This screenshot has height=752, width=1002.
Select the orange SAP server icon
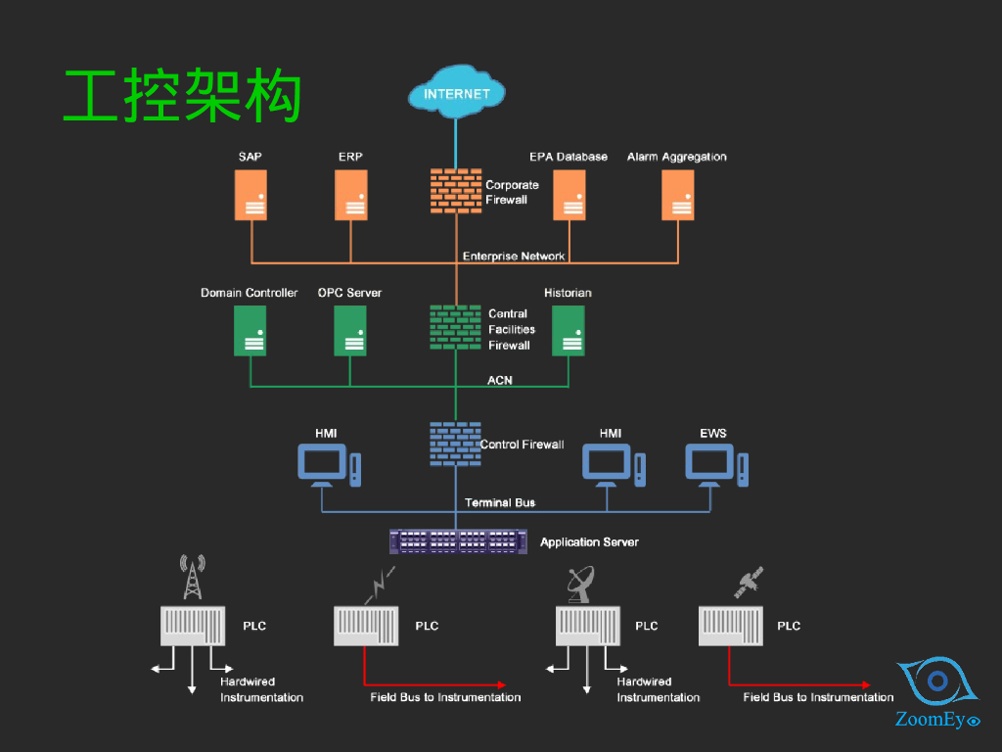pos(251,195)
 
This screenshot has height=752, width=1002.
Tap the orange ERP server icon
pos(351,195)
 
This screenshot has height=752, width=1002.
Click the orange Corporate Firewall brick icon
pos(456,191)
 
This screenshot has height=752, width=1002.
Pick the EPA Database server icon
pos(569,195)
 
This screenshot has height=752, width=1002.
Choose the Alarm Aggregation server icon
pos(678,195)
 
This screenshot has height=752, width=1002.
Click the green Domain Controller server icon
pos(250,330)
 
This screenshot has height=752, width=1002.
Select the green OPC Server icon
pos(350,330)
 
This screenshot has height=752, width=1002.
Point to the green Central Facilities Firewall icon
pos(456,327)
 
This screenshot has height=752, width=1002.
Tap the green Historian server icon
pos(569,330)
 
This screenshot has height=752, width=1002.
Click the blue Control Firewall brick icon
pos(455,444)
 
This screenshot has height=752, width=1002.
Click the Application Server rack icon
pos(458,541)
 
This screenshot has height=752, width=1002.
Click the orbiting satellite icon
pos(749,583)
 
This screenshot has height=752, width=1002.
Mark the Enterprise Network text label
pos(514,257)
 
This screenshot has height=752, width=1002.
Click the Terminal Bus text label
pos(500,502)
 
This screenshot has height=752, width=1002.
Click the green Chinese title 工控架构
pos(182,96)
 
